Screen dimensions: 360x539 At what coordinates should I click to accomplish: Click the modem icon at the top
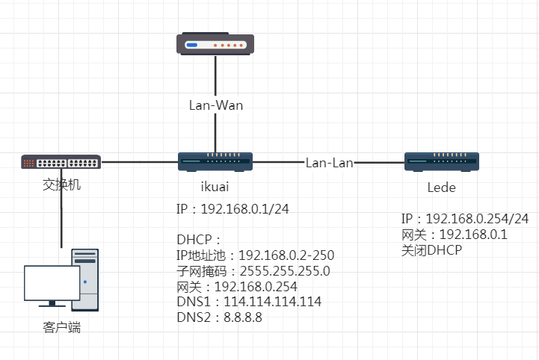point(215,44)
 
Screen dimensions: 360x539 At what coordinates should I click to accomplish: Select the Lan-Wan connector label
point(215,105)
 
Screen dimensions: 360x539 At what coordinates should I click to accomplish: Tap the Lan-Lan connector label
point(330,162)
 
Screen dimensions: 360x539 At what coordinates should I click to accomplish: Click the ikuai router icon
point(215,161)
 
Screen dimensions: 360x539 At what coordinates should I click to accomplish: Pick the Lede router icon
point(441,161)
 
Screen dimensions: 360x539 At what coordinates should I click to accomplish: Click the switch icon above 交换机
point(61,161)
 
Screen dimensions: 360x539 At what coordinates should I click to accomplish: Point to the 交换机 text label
point(61,182)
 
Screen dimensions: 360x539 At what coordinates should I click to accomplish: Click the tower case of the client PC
point(85,279)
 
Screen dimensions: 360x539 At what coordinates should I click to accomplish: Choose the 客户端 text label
point(61,327)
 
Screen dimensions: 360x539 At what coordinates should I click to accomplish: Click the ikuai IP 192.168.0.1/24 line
point(232,208)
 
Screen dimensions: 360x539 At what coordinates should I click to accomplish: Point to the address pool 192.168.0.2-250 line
point(255,255)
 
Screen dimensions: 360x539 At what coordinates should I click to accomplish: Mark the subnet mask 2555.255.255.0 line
point(253,271)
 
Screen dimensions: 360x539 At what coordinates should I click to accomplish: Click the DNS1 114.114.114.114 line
point(249,302)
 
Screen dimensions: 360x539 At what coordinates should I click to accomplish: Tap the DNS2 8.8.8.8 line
point(219,318)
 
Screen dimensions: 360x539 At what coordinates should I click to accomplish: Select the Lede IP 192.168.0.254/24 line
point(465,219)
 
